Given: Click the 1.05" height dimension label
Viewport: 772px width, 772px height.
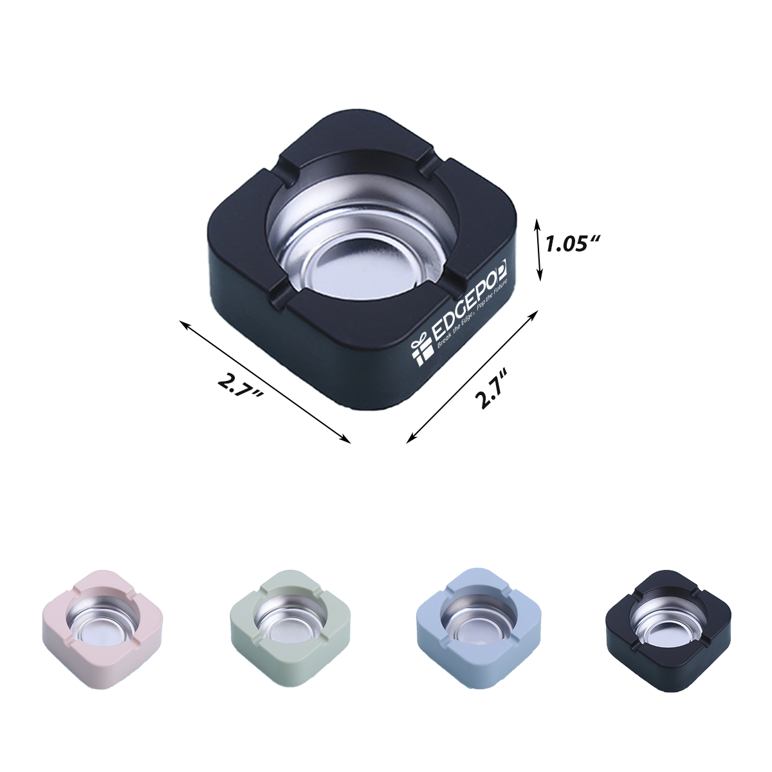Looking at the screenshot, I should tap(573, 244).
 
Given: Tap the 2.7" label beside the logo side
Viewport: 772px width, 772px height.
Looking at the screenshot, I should tap(492, 390).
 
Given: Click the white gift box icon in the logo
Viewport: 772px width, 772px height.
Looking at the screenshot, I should tap(421, 351).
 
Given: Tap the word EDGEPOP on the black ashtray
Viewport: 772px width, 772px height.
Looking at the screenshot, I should tap(468, 302).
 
